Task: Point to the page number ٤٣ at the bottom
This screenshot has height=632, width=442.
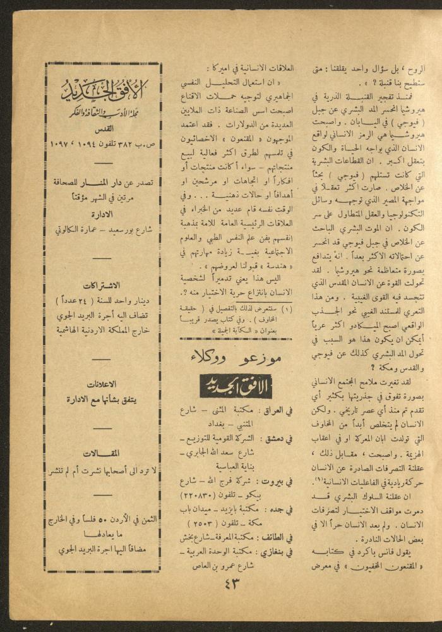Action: pos(233,583)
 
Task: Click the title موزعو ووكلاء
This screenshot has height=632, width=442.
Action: pos(235,358)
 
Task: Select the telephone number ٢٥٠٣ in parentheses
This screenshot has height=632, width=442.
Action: pos(205,524)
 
